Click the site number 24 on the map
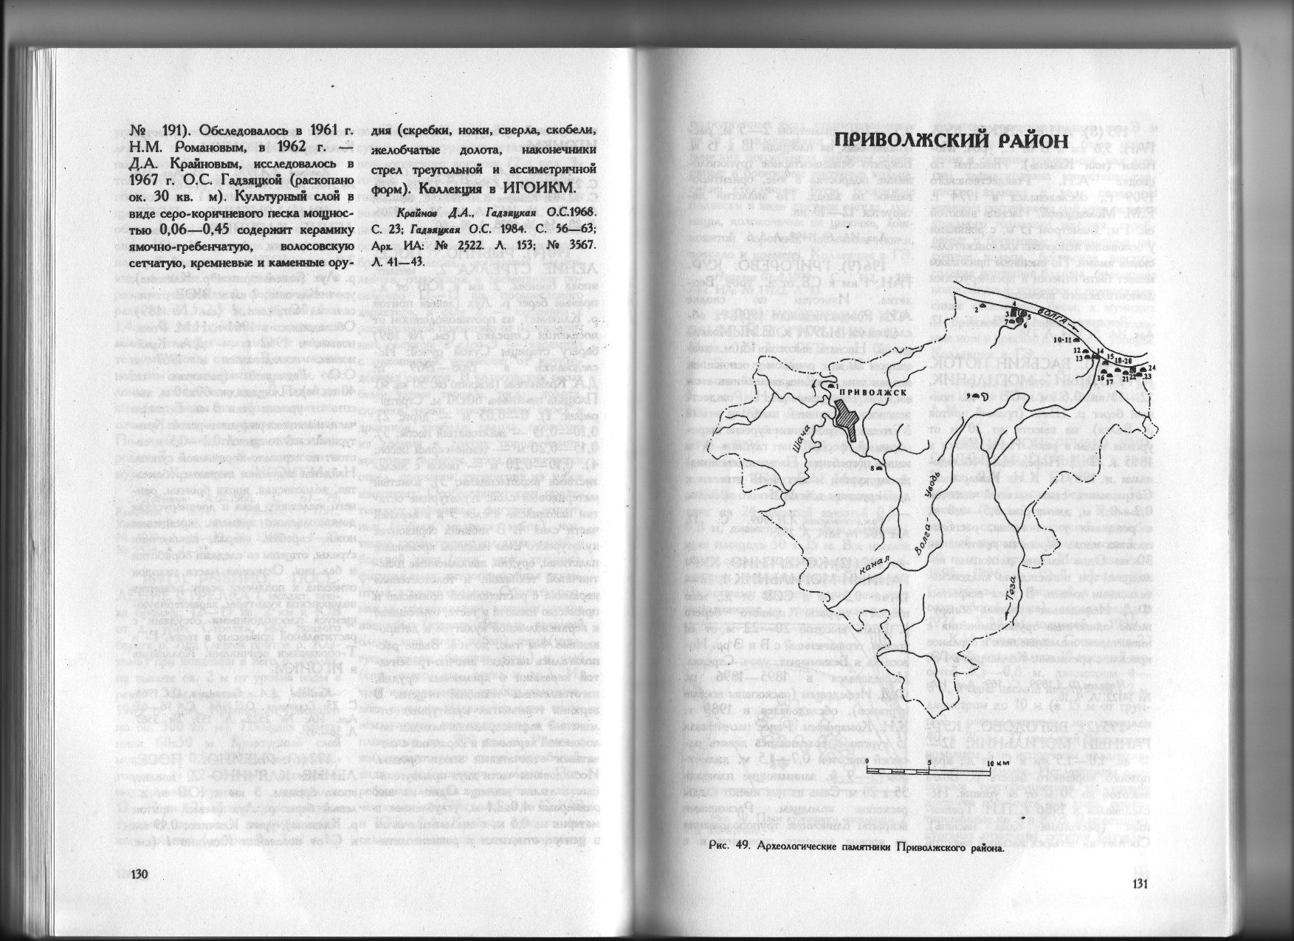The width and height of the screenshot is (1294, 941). (x=1152, y=367)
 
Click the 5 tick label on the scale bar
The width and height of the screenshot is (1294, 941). (x=929, y=762)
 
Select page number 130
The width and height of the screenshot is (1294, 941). (x=140, y=875)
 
